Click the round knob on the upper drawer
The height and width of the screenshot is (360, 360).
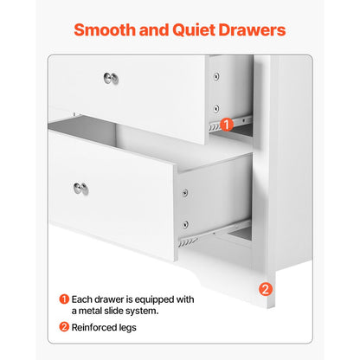pyautogui.click(x=111, y=79)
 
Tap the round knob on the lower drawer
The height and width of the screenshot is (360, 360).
pyautogui.click(x=80, y=188)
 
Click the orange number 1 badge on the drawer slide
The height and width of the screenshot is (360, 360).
pyautogui.click(x=227, y=125)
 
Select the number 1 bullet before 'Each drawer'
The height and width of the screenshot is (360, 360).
pyautogui.click(x=64, y=299)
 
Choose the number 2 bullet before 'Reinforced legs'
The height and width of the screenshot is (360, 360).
pyautogui.click(x=64, y=327)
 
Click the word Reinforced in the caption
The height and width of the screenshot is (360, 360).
pyautogui.click(x=97, y=327)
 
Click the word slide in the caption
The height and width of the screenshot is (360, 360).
pyautogui.click(x=123, y=312)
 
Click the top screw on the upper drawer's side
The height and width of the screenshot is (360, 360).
pyautogui.click(x=215, y=76)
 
